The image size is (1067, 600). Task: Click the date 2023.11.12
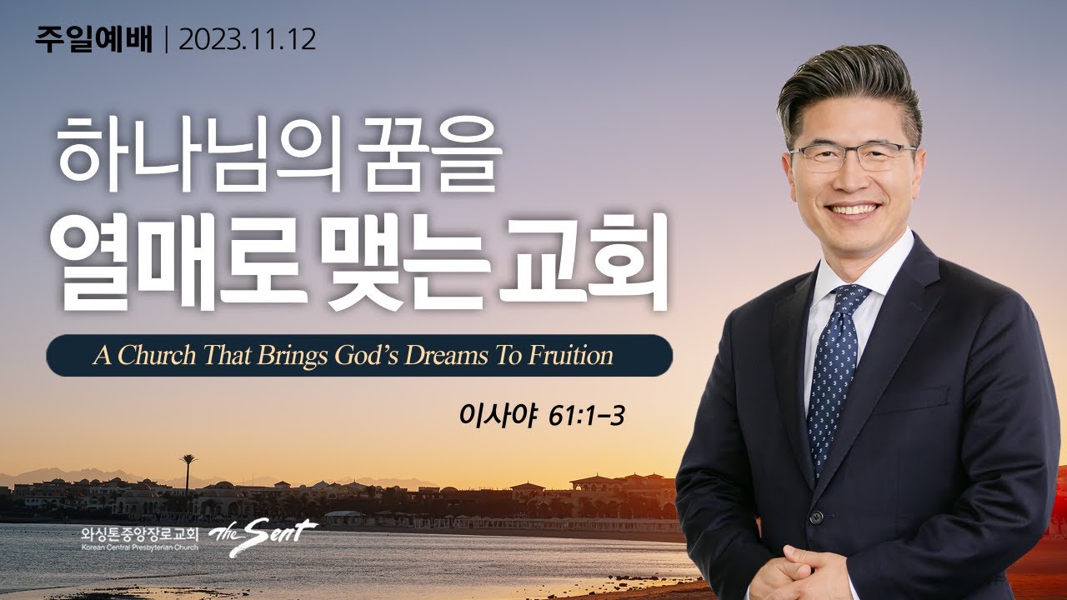point(248,40)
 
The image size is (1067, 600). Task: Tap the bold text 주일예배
point(93,40)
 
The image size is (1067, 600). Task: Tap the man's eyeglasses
point(851,156)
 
